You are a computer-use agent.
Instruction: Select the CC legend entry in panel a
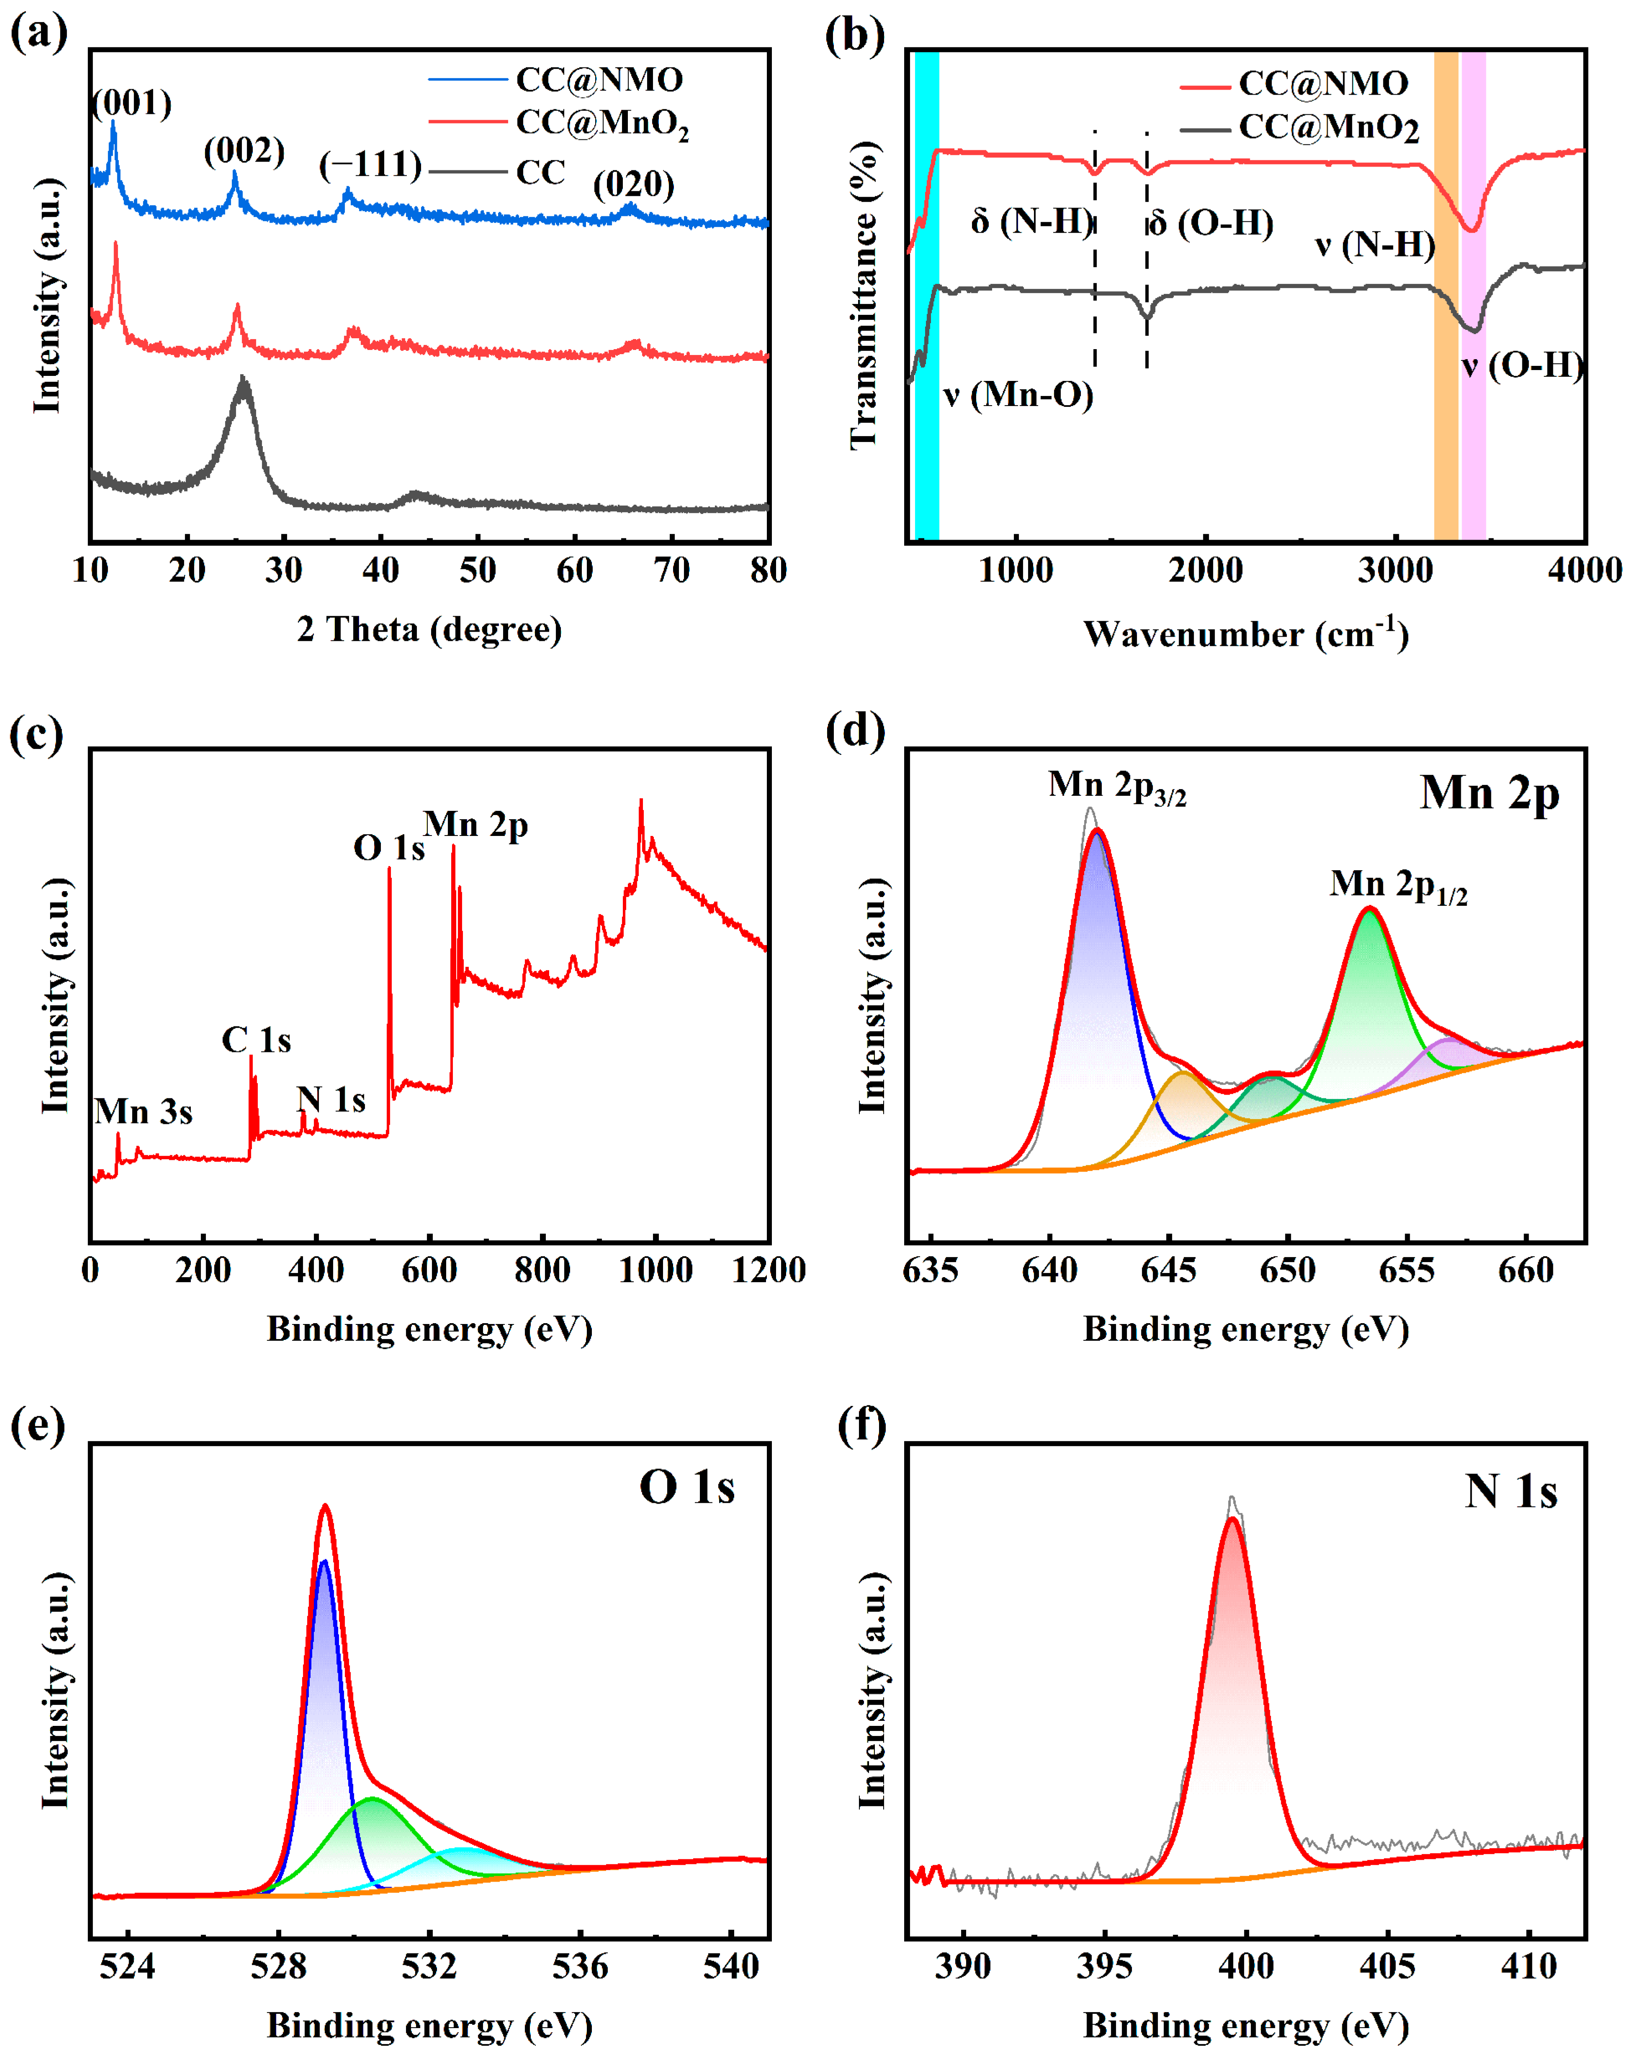(540, 172)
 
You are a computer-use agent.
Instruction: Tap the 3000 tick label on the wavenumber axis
(1395, 571)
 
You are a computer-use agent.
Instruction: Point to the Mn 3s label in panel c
(144, 1111)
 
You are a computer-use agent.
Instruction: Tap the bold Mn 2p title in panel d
(1489, 793)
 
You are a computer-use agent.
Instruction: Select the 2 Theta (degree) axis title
(429, 629)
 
